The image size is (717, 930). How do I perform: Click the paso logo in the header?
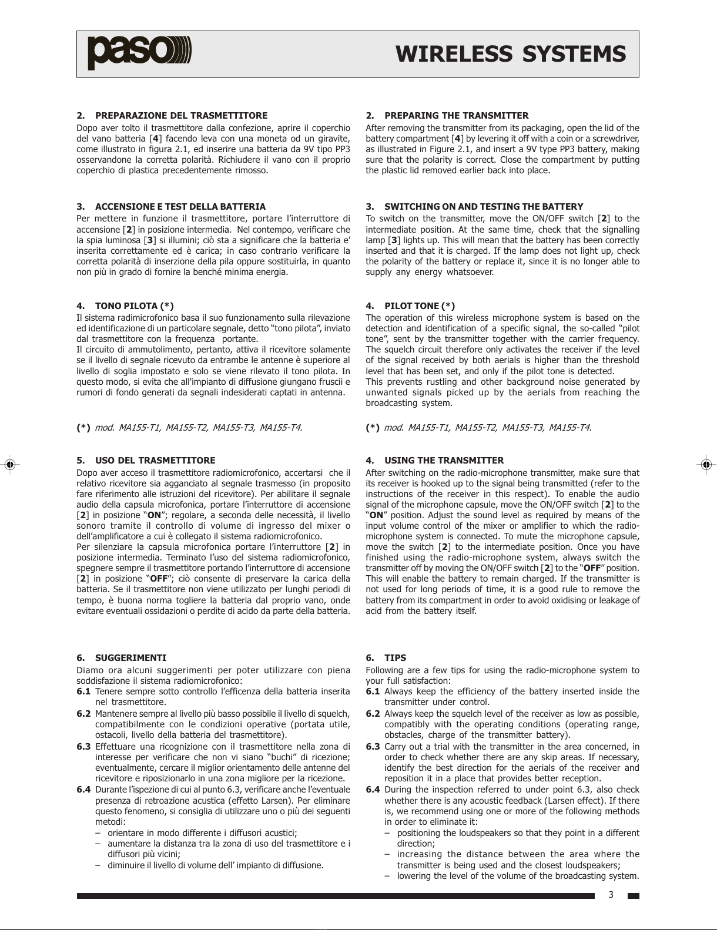point(140,53)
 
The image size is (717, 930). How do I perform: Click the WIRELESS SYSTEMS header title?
point(511,54)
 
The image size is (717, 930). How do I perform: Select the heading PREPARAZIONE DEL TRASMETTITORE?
point(181,116)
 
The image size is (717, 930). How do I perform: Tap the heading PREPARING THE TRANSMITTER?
point(456,116)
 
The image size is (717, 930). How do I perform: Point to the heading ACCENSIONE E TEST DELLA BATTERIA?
point(180,207)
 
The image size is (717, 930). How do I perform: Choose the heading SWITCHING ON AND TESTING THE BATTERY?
point(484,207)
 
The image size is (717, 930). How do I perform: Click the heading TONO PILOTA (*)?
point(134,306)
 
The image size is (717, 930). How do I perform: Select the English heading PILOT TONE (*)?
point(420,306)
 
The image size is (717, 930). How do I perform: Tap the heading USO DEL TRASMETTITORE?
point(155,461)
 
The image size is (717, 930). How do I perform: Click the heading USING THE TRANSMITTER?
point(444,461)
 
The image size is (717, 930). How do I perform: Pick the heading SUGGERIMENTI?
point(130,658)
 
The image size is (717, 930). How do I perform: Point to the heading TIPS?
point(395,658)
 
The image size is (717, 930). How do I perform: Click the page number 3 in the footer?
point(611,895)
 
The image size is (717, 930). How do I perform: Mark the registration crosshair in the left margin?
point(9,464)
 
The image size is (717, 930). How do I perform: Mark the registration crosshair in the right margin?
point(707,464)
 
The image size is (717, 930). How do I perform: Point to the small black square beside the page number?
point(633,897)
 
